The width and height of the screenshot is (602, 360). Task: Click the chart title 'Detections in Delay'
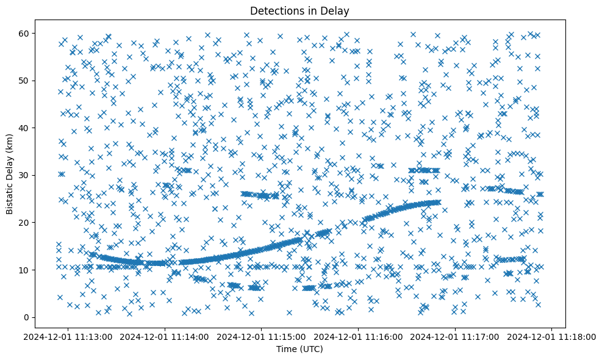pyautogui.click(x=300, y=10)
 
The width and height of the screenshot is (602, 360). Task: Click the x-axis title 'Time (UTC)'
pyautogui.click(x=300, y=350)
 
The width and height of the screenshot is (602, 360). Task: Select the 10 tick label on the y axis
pyautogui.click(x=40, y=270)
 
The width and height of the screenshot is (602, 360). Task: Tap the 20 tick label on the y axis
pyautogui.click(x=40, y=223)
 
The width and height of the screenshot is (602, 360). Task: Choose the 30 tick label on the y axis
pyautogui.click(x=40, y=175)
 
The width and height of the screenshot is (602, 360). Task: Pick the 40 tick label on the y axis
pyautogui.click(x=40, y=128)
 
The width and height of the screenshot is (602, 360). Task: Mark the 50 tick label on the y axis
pyautogui.click(x=40, y=81)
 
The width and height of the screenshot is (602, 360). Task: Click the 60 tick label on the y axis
pyautogui.click(x=40, y=33)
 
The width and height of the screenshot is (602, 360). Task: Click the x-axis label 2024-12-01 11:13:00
pyautogui.click(x=68, y=336)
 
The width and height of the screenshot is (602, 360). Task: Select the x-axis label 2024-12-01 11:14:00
pyautogui.click(x=165, y=336)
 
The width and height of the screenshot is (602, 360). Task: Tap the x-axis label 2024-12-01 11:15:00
pyautogui.click(x=262, y=336)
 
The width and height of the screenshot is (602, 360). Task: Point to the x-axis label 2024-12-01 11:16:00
pyautogui.click(x=359, y=336)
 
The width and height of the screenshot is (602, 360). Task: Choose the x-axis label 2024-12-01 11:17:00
pyautogui.click(x=456, y=336)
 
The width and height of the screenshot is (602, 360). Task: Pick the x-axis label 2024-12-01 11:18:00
pyautogui.click(x=553, y=336)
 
